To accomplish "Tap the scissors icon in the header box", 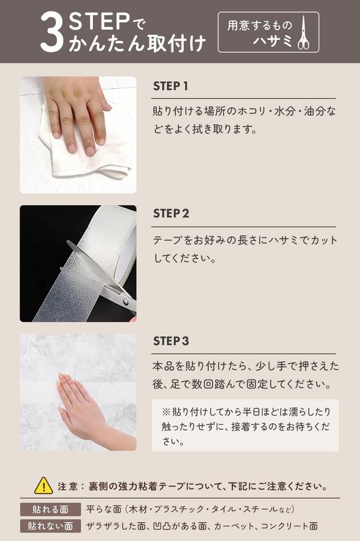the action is coord(303,32).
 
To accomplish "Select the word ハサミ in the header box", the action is coord(272,41).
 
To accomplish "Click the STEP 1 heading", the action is coord(170,86).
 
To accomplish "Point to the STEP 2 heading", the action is coord(171,213).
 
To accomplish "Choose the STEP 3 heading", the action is coord(171,341).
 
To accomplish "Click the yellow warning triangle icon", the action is coord(43,486).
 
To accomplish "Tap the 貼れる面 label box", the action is coord(50,509).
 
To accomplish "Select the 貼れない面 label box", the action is coord(50,526).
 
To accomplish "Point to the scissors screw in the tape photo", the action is coord(126,302).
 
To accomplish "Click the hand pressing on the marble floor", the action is coord(83,407).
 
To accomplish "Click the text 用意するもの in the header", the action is coord(260,25).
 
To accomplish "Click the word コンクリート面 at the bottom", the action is coord(289,526).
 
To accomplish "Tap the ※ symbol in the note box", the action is coord(166,412).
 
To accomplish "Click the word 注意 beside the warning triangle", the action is coord(68,487).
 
